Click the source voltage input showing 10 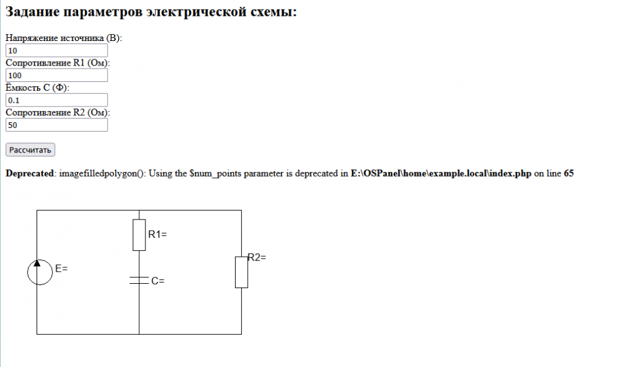57,50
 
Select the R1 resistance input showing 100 57,75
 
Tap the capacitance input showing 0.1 57,100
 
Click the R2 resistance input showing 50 57,125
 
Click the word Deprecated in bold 30,173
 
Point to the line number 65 568,173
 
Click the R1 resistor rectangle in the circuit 139,235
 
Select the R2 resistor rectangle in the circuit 241,272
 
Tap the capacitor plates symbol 139,280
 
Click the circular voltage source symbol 39,272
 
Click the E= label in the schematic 62,269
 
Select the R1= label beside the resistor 157,235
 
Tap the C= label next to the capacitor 157,281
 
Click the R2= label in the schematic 257,257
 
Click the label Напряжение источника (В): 64,38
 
